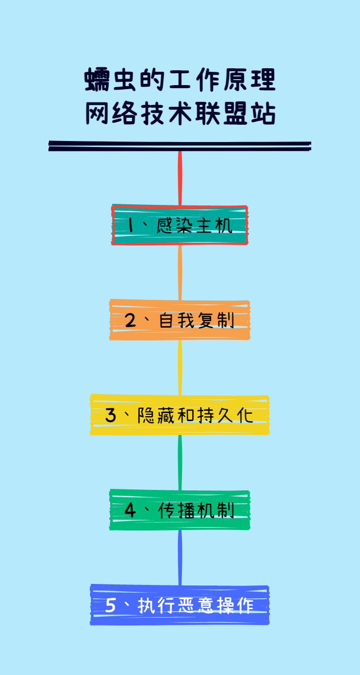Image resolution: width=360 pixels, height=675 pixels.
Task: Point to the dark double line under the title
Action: (180, 145)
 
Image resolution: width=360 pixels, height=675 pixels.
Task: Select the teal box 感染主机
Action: (180, 225)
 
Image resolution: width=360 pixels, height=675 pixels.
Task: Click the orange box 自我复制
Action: (180, 320)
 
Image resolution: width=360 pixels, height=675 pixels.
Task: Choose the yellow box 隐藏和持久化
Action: (180, 415)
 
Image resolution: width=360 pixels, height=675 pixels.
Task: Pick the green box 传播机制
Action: (180, 510)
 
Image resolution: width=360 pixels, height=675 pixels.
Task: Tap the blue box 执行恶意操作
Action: (180, 605)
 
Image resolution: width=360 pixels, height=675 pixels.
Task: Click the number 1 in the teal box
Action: (131, 226)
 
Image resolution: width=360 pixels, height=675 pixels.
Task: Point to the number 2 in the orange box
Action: (130, 321)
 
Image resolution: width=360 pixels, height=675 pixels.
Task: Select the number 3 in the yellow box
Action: (111, 415)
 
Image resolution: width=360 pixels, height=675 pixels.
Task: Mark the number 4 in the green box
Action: (130, 510)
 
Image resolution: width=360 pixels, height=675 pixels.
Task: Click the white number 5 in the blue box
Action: (111, 605)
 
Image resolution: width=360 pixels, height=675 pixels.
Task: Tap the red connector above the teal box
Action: (180, 178)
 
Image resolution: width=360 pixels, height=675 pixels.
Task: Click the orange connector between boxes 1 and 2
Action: (180, 272)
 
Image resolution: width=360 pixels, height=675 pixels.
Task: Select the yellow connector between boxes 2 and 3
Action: (180, 367)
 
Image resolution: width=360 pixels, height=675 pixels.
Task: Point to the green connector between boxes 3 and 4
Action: (180, 462)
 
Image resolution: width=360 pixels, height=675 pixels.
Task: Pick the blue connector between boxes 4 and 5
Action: (180, 557)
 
